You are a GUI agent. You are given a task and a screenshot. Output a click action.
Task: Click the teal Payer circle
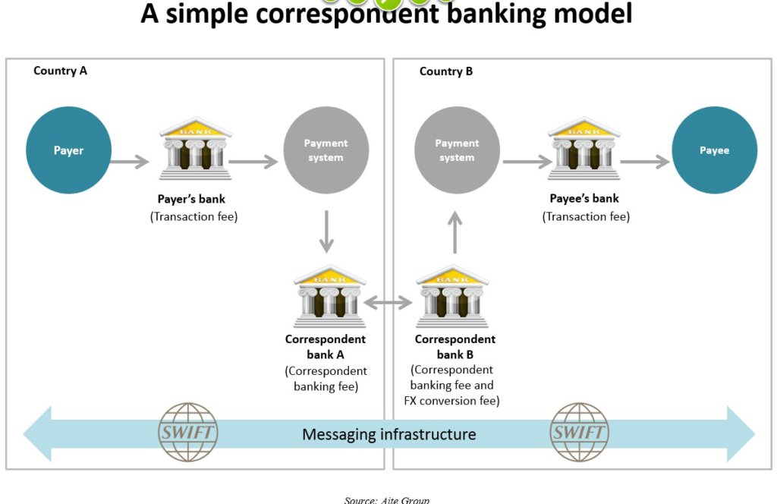68,150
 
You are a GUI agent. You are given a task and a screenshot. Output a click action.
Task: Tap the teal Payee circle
714,150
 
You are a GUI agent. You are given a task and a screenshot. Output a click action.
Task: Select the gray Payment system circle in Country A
326,150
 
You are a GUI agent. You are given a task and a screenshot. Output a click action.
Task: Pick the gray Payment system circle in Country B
457,150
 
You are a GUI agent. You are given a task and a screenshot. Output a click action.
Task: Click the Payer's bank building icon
195,148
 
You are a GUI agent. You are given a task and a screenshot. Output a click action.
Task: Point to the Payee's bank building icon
584,148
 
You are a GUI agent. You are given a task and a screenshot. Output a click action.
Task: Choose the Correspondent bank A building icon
329,296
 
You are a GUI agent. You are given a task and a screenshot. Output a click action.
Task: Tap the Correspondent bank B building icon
452,296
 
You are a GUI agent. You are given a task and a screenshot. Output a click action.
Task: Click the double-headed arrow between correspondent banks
388,302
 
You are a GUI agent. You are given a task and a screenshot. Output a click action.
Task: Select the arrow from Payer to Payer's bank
130,162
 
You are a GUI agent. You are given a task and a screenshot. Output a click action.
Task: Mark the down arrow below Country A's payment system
326,232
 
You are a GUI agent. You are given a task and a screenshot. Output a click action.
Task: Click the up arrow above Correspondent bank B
455,232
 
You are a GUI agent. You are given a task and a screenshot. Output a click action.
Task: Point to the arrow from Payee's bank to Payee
645,162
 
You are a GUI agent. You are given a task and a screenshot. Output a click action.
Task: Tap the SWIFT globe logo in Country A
188,432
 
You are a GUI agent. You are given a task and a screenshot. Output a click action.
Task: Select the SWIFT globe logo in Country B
579,432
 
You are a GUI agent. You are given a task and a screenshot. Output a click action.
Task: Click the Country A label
60,71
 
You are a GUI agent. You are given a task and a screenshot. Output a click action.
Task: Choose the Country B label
446,71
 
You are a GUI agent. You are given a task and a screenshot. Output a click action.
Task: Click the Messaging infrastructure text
389,435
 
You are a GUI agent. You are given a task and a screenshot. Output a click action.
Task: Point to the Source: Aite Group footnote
386,500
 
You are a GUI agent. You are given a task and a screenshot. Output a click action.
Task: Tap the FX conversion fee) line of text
452,401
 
